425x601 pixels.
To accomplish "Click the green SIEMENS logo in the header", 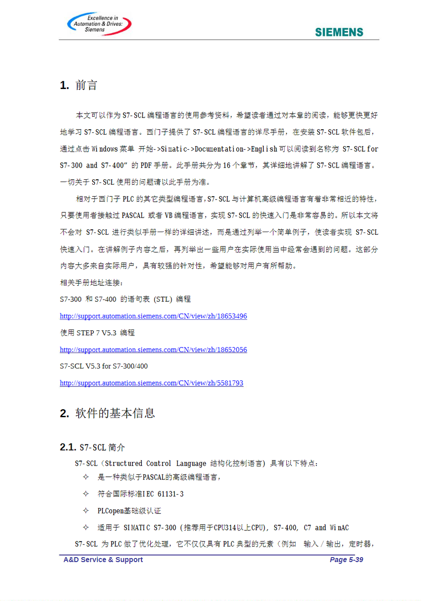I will [339, 32].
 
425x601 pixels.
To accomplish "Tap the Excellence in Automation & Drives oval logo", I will [99, 24].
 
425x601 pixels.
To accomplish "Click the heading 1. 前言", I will [79, 85].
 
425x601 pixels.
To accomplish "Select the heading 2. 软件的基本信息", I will [107, 413].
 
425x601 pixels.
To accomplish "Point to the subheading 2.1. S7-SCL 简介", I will [93, 447].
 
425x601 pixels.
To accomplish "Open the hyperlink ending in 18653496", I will [153, 316].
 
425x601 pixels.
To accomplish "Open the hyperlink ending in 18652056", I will [153, 350].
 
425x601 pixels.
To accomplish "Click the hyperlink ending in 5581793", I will [152, 383].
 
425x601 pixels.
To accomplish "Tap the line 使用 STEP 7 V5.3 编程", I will [98, 333].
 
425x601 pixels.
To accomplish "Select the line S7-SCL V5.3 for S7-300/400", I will [104, 366].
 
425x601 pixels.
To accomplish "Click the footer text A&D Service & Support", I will [103, 560].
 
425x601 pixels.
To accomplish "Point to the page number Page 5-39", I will [346, 560].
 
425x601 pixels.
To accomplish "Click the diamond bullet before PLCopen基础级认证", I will [86, 511].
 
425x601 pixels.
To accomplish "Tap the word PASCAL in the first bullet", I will [154, 478].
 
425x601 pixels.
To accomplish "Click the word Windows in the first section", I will [105, 149].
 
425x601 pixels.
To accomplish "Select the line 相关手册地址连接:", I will [92, 283].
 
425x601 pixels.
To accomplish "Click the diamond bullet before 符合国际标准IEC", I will [86, 494].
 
